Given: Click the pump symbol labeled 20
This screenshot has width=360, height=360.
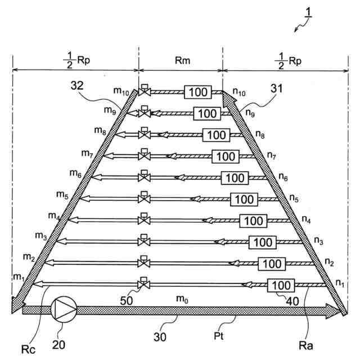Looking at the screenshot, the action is (x=63, y=309).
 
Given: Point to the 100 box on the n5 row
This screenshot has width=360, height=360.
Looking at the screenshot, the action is (x=244, y=199).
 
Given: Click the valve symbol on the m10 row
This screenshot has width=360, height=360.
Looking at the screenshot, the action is (x=145, y=91).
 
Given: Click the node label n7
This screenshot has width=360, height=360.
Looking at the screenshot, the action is (x=272, y=155).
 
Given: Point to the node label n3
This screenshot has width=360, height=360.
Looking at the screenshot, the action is (x=318, y=241).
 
